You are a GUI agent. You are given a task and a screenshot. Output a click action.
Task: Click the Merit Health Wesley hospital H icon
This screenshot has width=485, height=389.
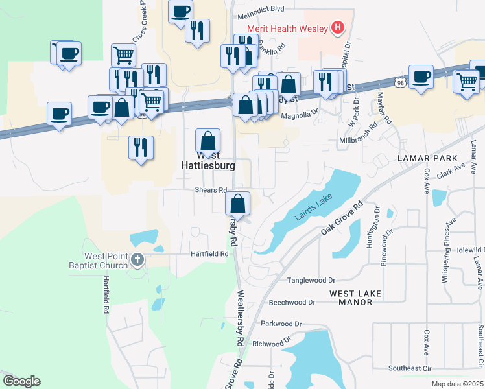click(337, 27)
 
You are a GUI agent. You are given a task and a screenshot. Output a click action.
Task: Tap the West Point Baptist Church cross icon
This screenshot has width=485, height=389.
click(137, 261)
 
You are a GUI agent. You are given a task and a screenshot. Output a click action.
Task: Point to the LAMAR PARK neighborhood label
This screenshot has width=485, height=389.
click(430, 158)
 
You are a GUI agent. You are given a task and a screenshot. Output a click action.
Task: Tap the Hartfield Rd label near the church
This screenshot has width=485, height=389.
click(209, 255)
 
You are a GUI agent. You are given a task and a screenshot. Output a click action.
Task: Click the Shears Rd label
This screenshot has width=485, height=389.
click(211, 190)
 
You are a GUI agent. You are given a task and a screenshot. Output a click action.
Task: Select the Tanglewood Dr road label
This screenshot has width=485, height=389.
click(311, 281)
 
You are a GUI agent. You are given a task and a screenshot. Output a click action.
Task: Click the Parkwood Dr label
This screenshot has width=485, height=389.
click(281, 323)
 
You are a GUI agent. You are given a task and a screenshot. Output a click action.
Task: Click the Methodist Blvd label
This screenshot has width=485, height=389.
click(261, 10)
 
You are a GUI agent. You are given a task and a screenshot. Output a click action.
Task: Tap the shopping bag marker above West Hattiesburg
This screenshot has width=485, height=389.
click(207, 139)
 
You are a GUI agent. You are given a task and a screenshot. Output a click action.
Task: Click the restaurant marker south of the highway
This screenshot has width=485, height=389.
click(141, 147)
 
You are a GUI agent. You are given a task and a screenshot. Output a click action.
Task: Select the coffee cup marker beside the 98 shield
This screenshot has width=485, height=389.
click(421, 76)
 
